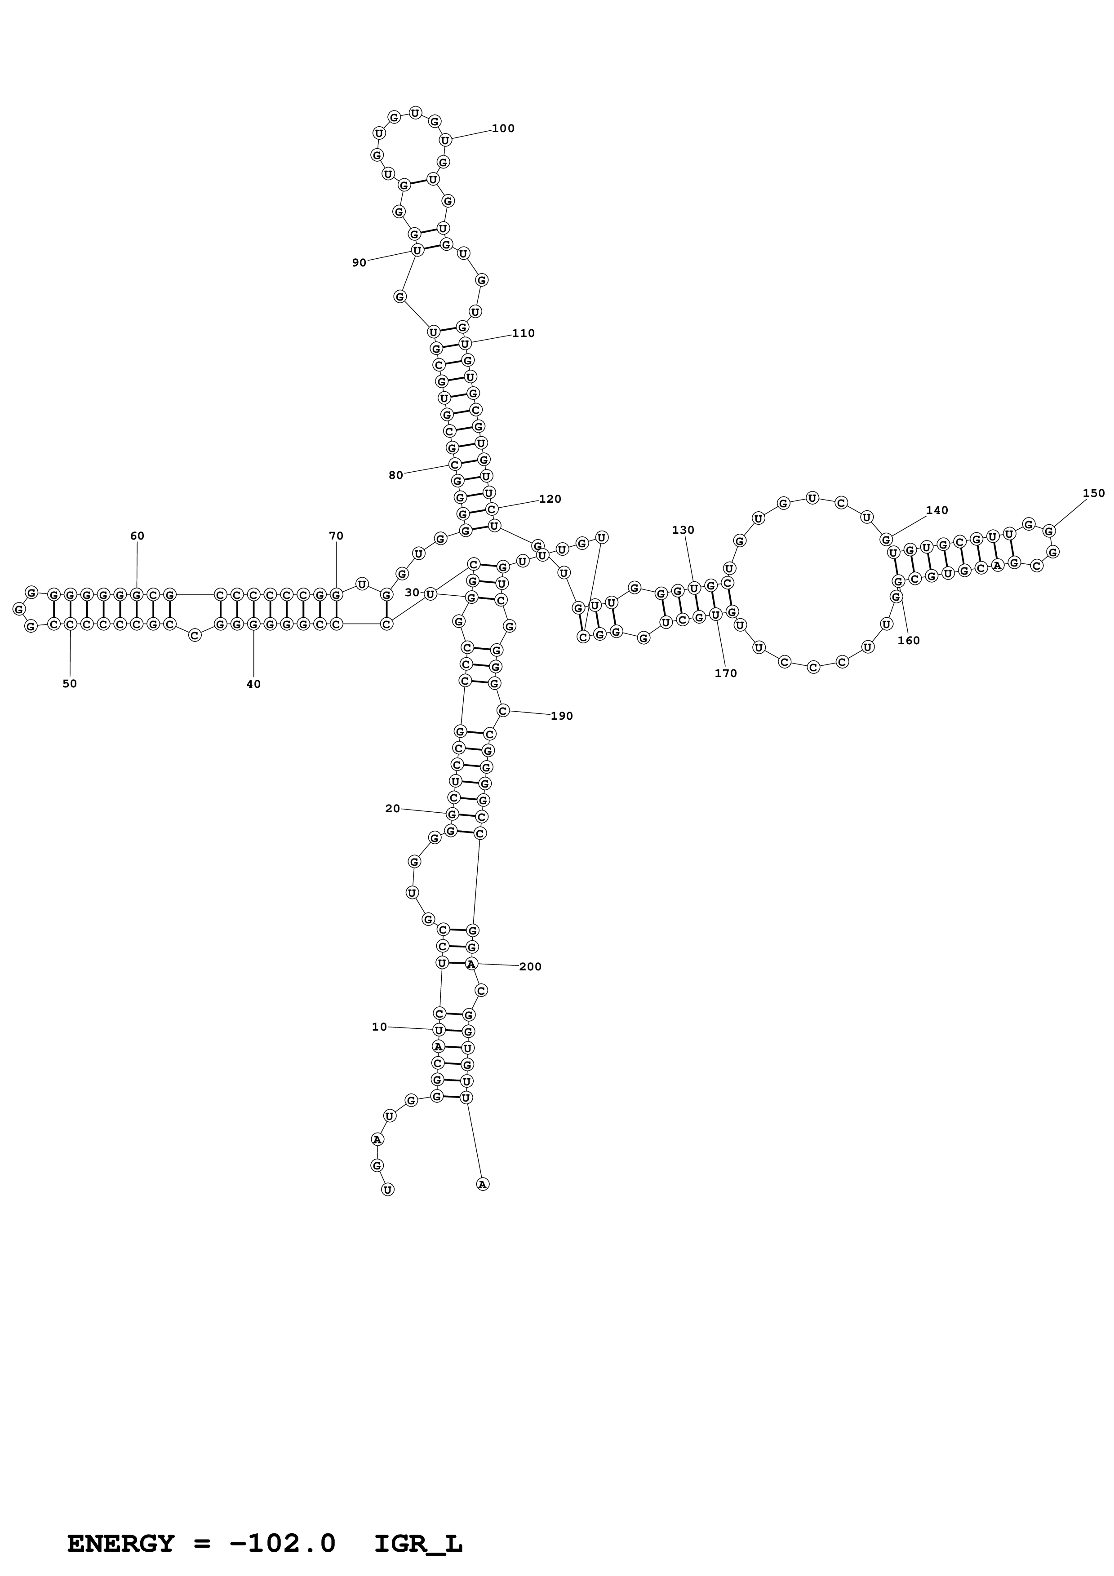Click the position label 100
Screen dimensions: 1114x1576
pyautogui.click(x=503, y=128)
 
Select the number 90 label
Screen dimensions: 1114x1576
pyautogui.click(x=359, y=263)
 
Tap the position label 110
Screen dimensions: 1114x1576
pyautogui.click(x=523, y=334)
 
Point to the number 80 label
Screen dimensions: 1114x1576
pyautogui.click(x=396, y=475)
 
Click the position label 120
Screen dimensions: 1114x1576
pyautogui.click(x=550, y=499)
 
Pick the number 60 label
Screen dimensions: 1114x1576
pyautogui.click(x=137, y=536)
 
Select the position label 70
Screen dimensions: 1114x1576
pyautogui.click(x=336, y=536)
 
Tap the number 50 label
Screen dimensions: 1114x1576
pyautogui.click(x=70, y=684)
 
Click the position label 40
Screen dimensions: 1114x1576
pyautogui.click(x=253, y=684)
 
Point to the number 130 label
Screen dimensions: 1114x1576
pyautogui.click(x=683, y=530)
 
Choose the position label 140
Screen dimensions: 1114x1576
pyautogui.click(x=937, y=510)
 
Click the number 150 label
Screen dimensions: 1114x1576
pyautogui.click(x=1094, y=493)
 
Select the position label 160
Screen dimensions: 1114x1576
pyautogui.click(x=909, y=641)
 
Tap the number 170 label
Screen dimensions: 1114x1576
pyautogui.click(x=725, y=673)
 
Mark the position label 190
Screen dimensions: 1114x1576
pyautogui.click(x=561, y=716)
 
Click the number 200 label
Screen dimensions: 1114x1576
pyautogui.click(x=530, y=966)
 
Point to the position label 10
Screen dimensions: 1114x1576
pyautogui.click(x=380, y=1027)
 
